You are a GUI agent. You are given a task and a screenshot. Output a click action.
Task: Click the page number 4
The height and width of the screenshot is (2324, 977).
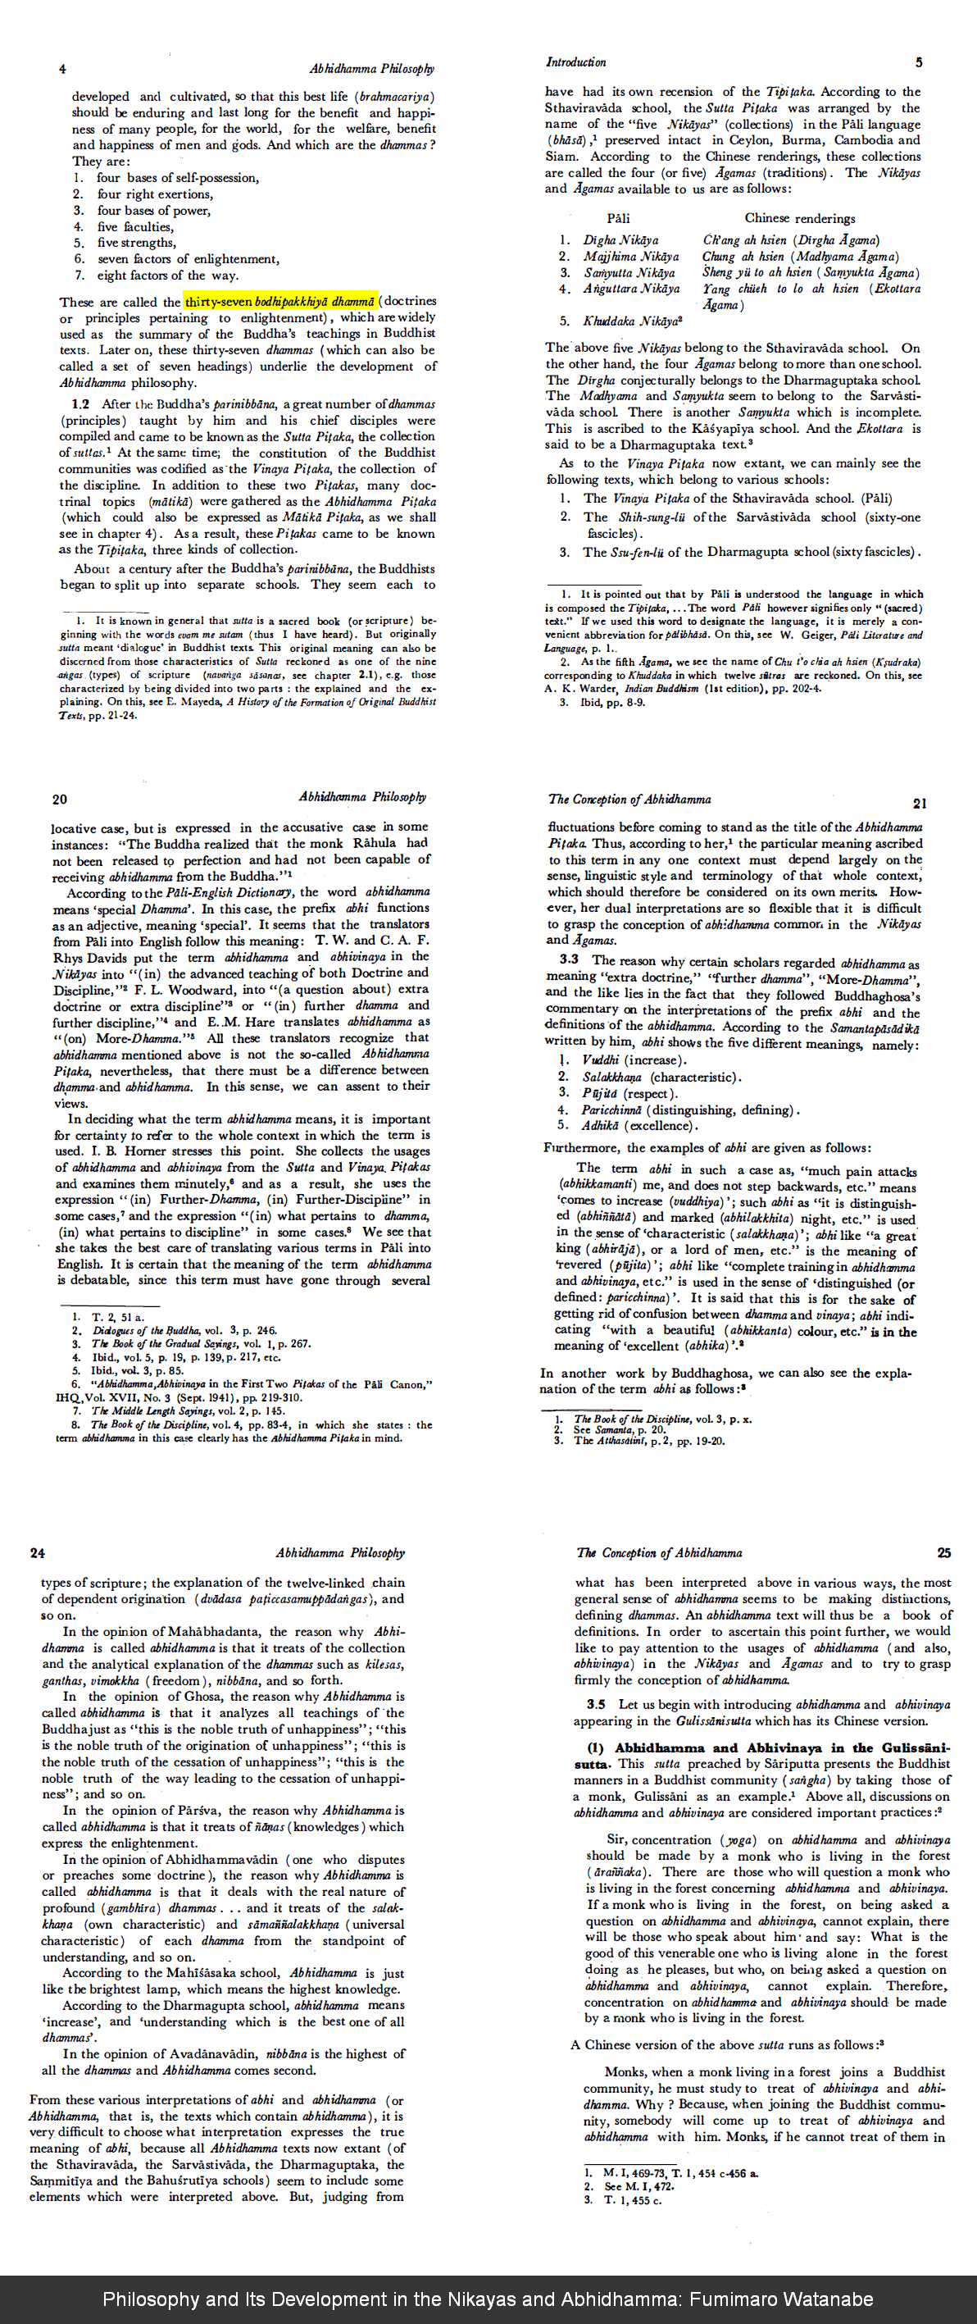62,70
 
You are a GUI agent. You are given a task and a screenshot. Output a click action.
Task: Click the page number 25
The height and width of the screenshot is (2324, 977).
943,1552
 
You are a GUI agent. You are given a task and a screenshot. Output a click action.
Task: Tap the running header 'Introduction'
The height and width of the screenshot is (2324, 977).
575,62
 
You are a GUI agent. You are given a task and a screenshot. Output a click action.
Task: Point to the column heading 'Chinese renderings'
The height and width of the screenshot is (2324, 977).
799,218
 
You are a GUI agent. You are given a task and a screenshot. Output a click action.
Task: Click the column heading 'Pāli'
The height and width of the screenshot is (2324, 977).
618,218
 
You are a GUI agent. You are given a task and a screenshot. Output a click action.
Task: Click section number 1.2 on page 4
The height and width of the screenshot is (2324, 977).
80,404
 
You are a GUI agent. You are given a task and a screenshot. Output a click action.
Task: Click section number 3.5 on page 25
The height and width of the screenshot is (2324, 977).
595,1704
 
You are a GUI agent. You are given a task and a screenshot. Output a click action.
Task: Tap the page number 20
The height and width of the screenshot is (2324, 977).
60,800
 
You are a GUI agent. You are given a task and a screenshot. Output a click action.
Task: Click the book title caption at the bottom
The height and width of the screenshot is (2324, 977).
488,2299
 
